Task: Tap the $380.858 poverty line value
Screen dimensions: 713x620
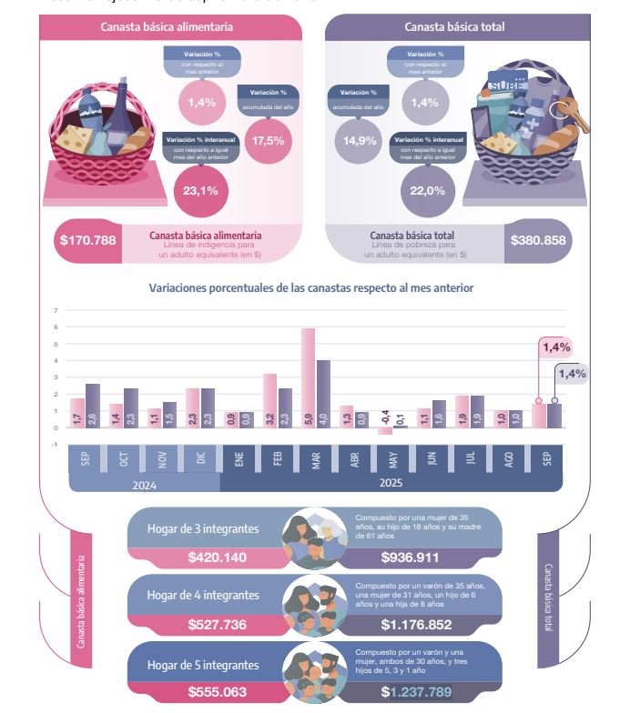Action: coord(537,241)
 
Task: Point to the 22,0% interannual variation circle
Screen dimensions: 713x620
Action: coord(427,190)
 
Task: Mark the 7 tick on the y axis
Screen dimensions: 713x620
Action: coord(56,310)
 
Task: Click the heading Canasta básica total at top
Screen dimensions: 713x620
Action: coord(454,27)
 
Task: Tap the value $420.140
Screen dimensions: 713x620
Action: coord(217,557)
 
